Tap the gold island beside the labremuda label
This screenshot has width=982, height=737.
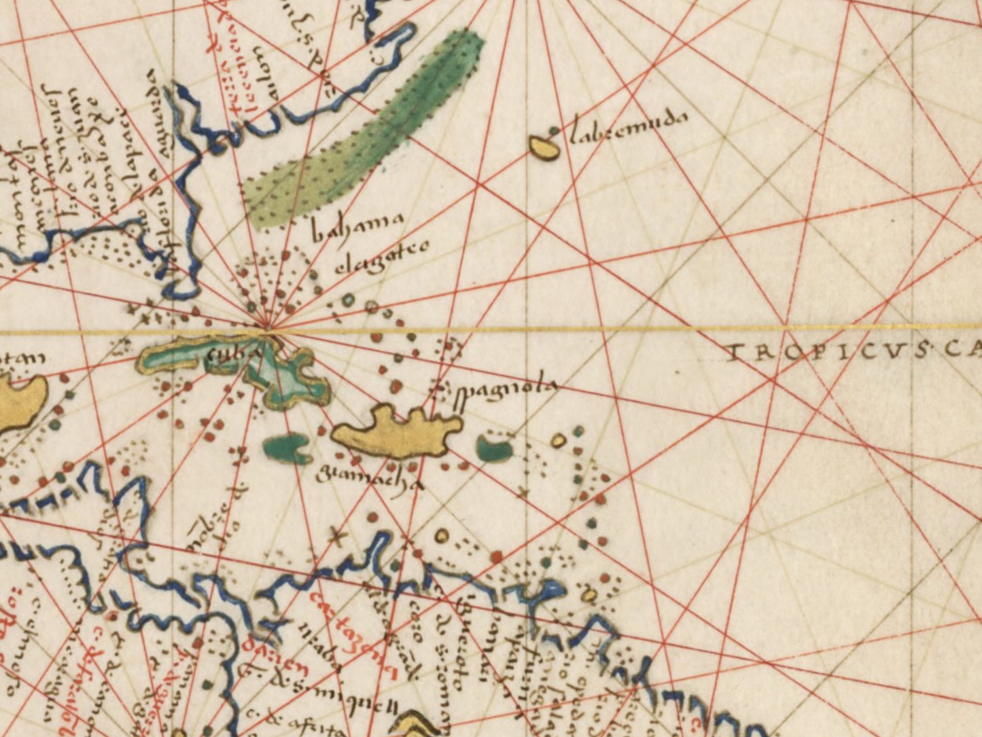click(x=544, y=147)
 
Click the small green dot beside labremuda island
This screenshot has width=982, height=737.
click(x=556, y=130)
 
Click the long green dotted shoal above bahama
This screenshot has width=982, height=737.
click(x=367, y=129)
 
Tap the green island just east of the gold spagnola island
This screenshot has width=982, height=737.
click(x=494, y=448)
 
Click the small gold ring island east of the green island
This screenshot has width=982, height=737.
click(x=558, y=441)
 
